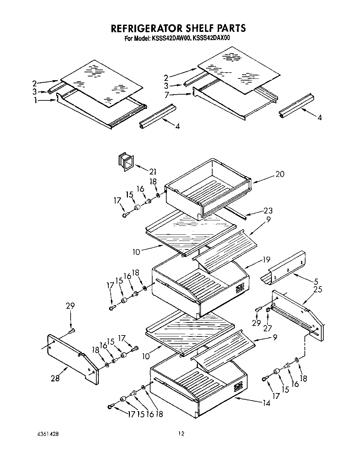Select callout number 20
point(280,174)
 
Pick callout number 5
point(315,282)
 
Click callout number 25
point(317,290)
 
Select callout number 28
point(55,378)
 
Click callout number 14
point(266,403)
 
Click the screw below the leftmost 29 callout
point(72,331)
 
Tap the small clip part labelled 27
point(268,310)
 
